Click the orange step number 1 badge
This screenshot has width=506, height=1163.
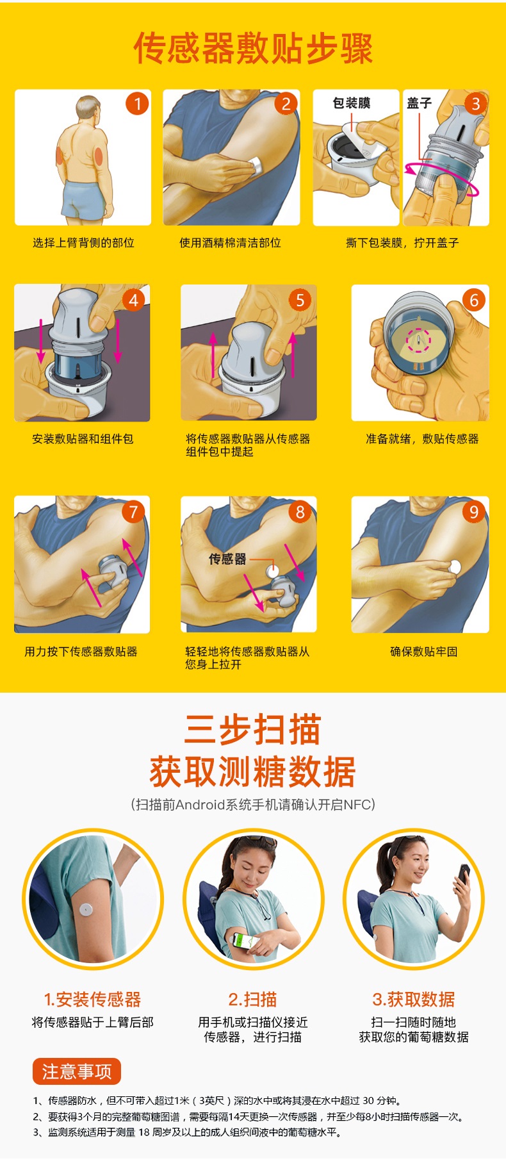136,103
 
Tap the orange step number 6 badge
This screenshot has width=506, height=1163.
474,299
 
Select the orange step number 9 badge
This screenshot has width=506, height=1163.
474,511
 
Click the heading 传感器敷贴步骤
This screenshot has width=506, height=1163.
253,48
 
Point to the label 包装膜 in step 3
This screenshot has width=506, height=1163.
351,103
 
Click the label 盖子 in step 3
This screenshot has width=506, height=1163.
420,103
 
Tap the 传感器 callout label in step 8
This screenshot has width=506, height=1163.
227,559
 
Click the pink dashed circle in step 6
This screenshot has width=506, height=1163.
419,340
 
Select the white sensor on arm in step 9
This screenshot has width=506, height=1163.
455,566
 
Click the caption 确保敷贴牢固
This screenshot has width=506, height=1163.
423,652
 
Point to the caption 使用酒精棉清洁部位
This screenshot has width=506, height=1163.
230,243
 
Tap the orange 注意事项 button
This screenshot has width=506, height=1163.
77,1071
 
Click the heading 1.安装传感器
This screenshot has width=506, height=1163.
92,1000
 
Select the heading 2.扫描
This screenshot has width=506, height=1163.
252,1000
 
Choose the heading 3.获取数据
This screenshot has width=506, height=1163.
413,1000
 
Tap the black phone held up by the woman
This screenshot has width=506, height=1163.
463,874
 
